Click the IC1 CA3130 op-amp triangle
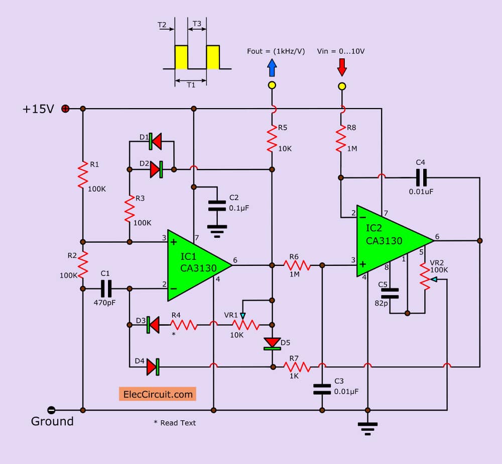click(x=196, y=263)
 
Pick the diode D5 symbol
click(x=272, y=343)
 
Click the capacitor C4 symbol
click(x=421, y=177)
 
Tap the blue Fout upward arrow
click(x=272, y=67)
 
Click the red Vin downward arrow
click(x=342, y=67)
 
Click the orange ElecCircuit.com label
click(x=157, y=394)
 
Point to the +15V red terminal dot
click(x=65, y=109)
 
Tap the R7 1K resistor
click(x=294, y=366)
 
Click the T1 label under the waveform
click(x=191, y=85)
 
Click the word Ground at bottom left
click(x=52, y=421)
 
